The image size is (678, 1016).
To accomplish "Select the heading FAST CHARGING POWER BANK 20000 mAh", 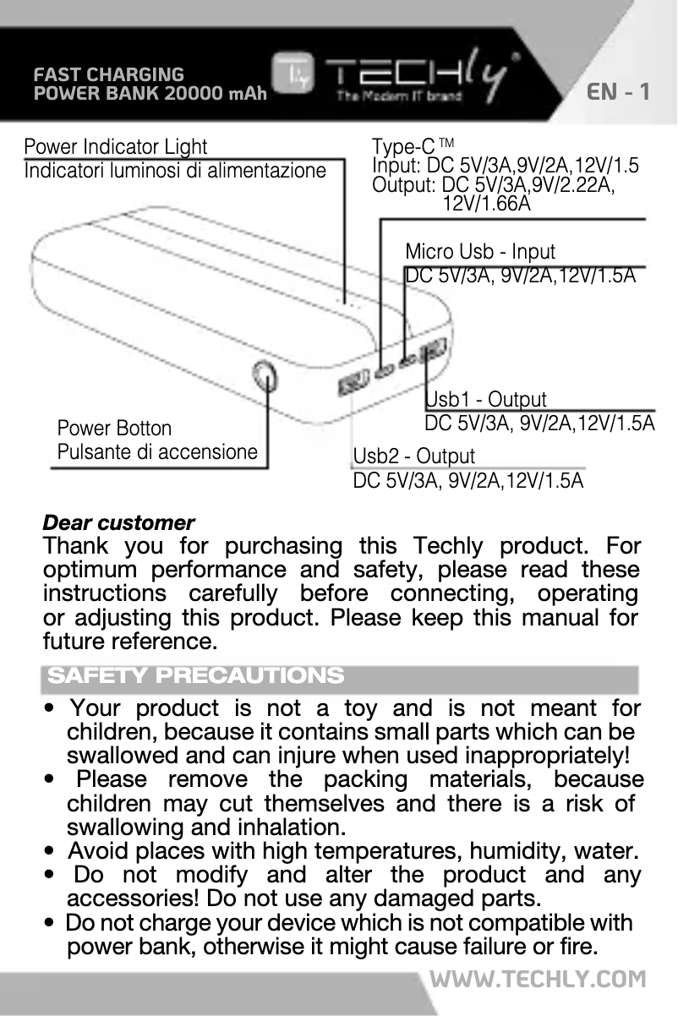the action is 150,84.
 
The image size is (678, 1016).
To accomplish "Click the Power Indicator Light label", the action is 116,148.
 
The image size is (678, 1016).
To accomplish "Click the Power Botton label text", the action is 114,429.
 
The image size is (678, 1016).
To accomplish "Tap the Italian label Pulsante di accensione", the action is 157,451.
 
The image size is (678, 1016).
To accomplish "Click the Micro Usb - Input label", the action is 480,252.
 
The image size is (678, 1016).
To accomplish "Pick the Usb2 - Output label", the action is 414,456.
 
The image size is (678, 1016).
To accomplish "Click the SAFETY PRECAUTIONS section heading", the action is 196,676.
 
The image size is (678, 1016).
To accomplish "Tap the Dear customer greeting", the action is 118,522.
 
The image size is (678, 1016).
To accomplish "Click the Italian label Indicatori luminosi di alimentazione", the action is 175,171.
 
